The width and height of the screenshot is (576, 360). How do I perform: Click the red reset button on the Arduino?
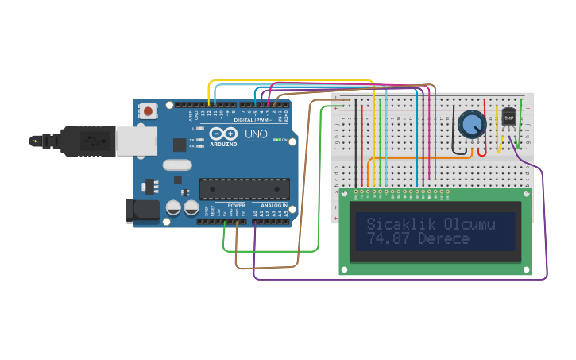148,111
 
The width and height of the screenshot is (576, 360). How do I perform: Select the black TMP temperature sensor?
509,117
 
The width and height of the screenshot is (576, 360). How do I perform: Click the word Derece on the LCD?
443,239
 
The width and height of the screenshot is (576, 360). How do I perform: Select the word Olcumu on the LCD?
469,224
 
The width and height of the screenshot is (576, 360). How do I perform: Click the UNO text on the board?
256,134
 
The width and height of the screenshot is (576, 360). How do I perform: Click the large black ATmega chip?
244,189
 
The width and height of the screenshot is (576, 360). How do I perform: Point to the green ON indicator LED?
276,141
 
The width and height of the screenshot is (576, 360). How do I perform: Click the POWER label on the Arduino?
237,206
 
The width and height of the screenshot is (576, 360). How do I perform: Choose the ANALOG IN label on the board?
273,206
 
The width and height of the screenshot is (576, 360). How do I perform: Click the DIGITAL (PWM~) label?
254,119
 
